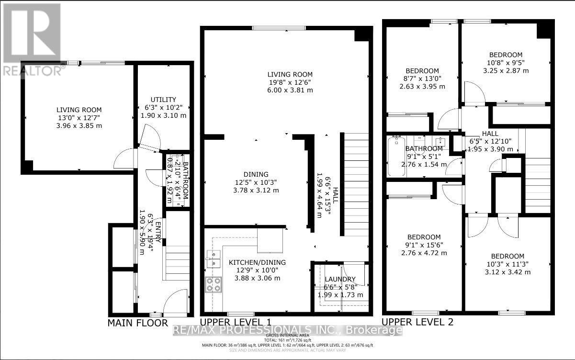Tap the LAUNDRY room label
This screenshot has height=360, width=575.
tap(340, 279)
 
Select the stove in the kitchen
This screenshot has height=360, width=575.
tap(213, 285)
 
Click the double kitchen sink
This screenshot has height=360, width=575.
tap(213, 257)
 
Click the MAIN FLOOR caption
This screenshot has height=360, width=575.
tap(137, 323)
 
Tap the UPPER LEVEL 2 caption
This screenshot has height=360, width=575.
tap(417, 322)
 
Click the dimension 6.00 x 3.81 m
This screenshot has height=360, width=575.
tap(290, 90)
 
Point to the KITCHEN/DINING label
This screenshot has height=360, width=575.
tap(257, 262)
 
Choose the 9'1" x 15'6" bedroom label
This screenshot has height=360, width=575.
tap(424, 245)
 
